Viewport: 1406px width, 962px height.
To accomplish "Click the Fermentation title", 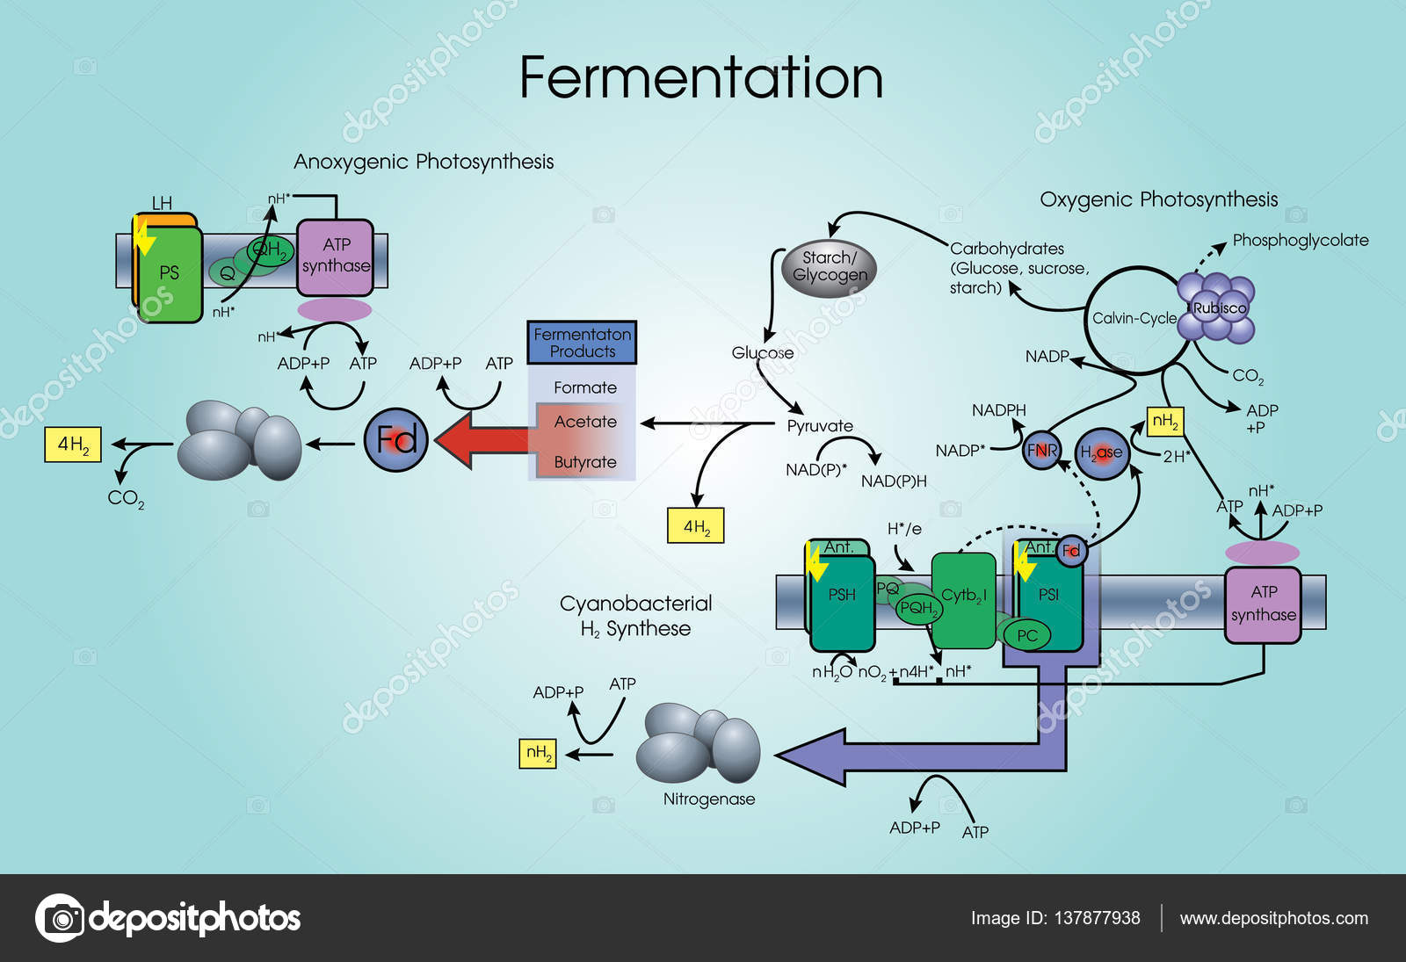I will pyautogui.click(x=700, y=78).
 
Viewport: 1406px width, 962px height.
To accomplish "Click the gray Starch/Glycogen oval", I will pyautogui.click(x=829, y=267).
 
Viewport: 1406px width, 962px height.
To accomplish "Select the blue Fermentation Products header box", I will pyautogui.click(x=582, y=343).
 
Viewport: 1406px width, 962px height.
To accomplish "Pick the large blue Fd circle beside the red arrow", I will pyautogui.click(x=396, y=439).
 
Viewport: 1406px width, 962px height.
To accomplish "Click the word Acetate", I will pyautogui.click(x=585, y=422).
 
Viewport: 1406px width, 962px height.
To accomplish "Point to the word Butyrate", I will pyautogui.click(x=585, y=462).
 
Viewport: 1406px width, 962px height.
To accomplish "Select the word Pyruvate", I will pyautogui.click(x=820, y=426).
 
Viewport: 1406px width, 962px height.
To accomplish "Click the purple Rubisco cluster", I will pyautogui.click(x=1217, y=308).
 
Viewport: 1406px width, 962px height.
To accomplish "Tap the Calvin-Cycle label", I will pyautogui.click(x=1134, y=318).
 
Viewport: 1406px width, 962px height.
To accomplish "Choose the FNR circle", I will pyautogui.click(x=1042, y=451).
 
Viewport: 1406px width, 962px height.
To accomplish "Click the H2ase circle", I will pyautogui.click(x=1102, y=452).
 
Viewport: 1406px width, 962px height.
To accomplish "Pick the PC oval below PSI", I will pyautogui.click(x=1026, y=635).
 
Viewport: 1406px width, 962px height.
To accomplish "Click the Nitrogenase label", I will pyautogui.click(x=708, y=799).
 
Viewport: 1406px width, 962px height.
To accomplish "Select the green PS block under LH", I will pyautogui.click(x=170, y=274).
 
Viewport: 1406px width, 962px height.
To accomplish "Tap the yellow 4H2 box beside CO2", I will pyautogui.click(x=73, y=445).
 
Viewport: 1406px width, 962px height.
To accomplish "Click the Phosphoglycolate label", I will pyautogui.click(x=1301, y=240).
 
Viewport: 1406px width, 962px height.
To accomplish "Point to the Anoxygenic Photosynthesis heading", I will pyautogui.click(x=424, y=162).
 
